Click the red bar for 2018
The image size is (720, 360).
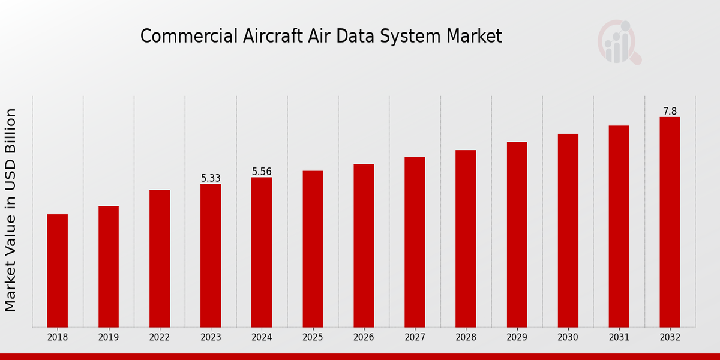pyautogui.click(x=58, y=271)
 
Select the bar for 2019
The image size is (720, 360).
pyautogui.click(x=109, y=266)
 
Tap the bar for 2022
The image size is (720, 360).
pyautogui.click(x=160, y=259)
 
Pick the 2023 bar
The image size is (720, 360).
pyautogui.click(x=211, y=256)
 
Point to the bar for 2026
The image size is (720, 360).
pyautogui.click(x=364, y=245)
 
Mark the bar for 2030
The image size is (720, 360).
pyautogui.click(x=568, y=230)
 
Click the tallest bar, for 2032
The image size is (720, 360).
pyautogui.click(x=670, y=222)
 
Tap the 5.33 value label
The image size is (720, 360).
pyautogui.click(x=211, y=178)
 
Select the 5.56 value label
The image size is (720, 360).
pyautogui.click(x=262, y=172)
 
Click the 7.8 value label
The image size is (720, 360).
pyautogui.click(x=670, y=112)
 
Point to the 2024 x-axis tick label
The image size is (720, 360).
pyautogui.click(x=262, y=338)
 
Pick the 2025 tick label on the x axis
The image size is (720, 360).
pyautogui.click(x=313, y=338)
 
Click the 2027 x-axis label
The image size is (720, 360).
pyautogui.click(x=415, y=338)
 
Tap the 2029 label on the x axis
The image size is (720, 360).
pyautogui.click(x=517, y=338)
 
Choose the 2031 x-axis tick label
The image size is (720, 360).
pyautogui.click(x=619, y=338)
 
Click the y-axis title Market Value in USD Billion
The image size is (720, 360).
pyautogui.click(x=11, y=210)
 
